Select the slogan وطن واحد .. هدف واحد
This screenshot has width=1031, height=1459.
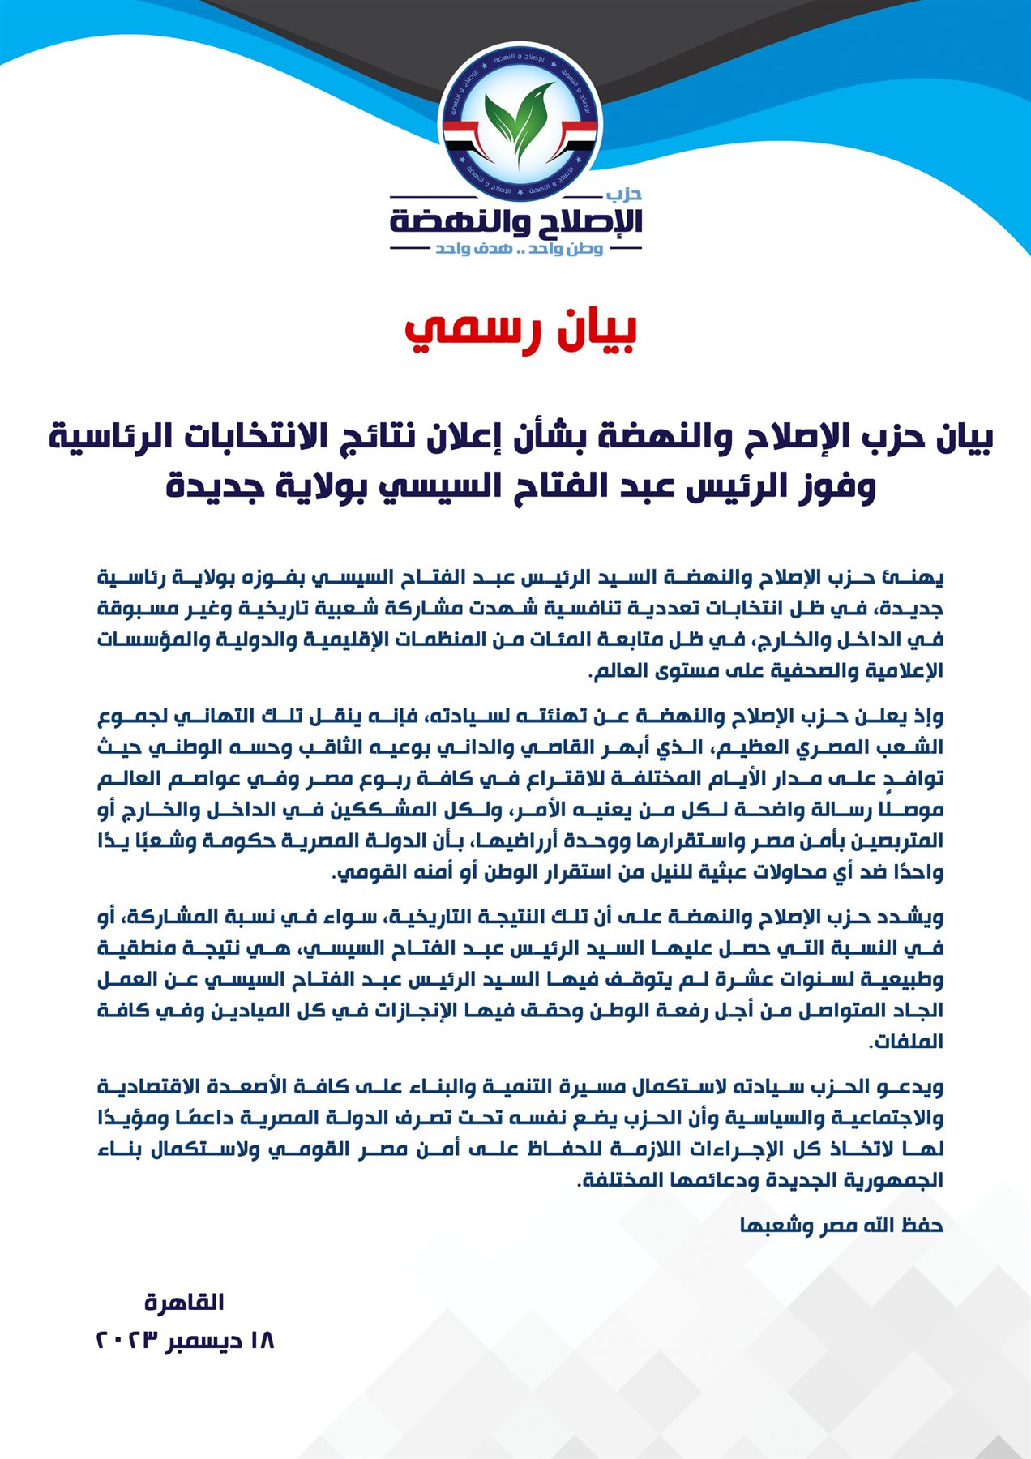click(x=519, y=248)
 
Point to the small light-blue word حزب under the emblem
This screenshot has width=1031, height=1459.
click(x=624, y=194)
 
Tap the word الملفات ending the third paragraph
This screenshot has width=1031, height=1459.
click(x=906, y=1042)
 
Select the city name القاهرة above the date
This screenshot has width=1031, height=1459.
click(x=184, y=1303)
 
